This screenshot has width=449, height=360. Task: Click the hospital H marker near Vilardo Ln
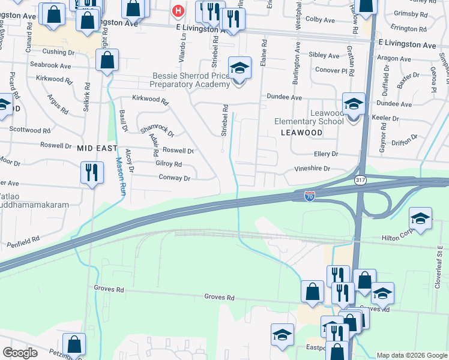pos(178,11)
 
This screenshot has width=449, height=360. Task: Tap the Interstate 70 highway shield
pos(309,196)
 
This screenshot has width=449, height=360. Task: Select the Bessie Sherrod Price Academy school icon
pos(240,67)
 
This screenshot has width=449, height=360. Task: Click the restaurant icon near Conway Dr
pos(92,172)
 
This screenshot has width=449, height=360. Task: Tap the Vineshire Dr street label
pos(312,169)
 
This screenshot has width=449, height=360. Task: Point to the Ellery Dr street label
pos(327,154)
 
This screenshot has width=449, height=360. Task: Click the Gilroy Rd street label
pos(168,164)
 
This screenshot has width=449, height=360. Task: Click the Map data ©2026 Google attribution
pos(411,355)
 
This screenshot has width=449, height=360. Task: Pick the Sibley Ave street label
pos(324,55)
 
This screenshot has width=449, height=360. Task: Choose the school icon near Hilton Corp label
pos(421,218)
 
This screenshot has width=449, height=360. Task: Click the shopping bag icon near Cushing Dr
pos(107,60)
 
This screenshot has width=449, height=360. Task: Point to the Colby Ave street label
pos(320,20)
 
